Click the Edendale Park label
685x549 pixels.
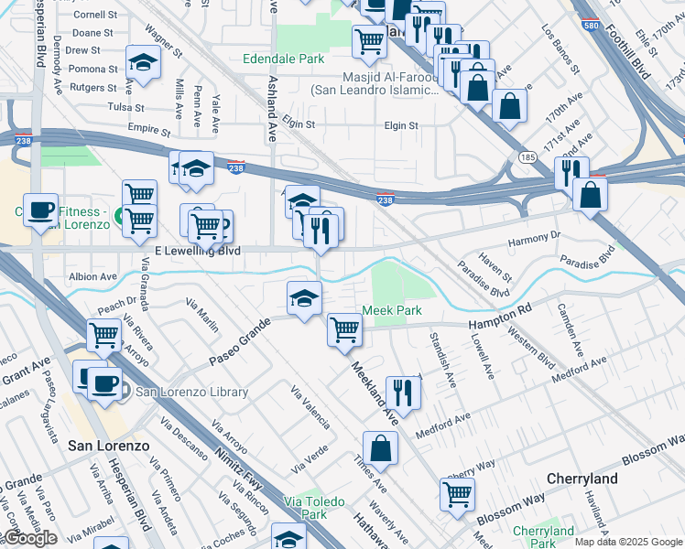(x=283, y=59)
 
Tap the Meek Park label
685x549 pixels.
(x=392, y=310)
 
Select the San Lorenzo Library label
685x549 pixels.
(x=191, y=392)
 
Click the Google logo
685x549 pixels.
(x=29, y=538)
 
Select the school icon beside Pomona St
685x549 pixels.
(x=143, y=61)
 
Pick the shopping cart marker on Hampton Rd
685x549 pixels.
(x=344, y=328)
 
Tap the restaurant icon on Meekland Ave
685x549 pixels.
(x=402, y=393)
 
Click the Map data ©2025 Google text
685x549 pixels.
(x=627, y=542)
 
